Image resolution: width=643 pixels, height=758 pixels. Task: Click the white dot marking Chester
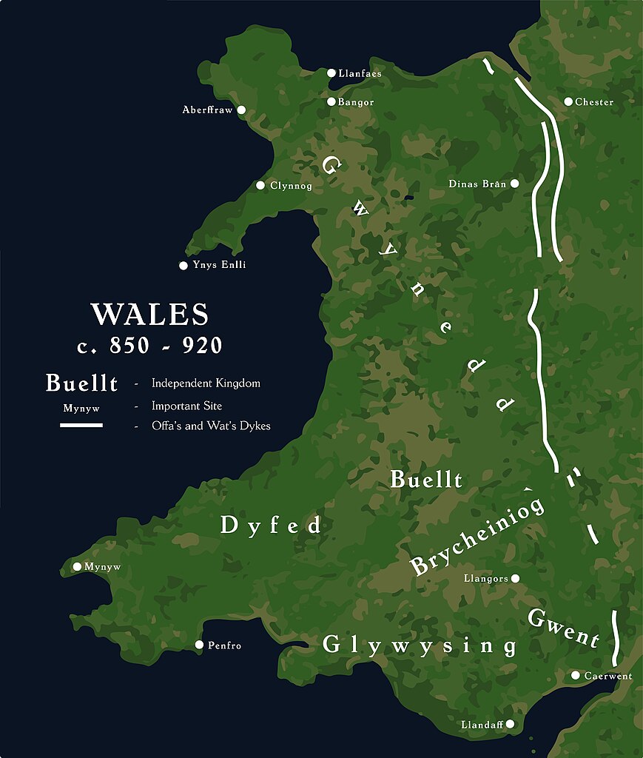(x=568, y=101)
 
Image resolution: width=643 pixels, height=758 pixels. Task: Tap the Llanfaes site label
(x=360, y=73)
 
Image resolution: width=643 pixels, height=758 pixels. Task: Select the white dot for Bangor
(x=331, y=101)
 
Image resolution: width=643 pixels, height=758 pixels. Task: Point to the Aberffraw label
(x=207, y=110)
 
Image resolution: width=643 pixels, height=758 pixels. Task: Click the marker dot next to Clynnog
(x=260, y=185)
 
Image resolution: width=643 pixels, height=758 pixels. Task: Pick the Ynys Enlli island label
(x=219, y=265)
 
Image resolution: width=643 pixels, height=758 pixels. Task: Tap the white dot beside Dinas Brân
(x=514, y=183)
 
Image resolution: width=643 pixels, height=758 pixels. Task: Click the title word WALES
(x=149, y=315)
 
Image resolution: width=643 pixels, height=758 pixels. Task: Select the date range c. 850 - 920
(x=149, y=346)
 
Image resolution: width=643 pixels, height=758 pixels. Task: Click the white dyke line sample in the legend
(x=81, y=426)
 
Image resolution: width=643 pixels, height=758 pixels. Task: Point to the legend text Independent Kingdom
(x=206, y=383)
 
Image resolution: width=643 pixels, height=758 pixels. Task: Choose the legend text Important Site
(x=186, y=406)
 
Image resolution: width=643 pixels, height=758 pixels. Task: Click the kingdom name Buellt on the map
(x=426, y=480)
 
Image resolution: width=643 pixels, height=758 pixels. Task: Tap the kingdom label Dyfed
(x=272, y=526)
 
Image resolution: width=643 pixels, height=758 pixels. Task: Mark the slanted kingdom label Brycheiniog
(x=477, y=536)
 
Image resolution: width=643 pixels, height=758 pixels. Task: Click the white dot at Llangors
(x=515, y=578)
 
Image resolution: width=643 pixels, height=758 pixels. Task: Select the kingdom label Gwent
(x=562, y=628)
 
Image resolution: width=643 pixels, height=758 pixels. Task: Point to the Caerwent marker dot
(x=575, y=675)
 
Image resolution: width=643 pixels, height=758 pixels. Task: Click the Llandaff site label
(x=482, y=724)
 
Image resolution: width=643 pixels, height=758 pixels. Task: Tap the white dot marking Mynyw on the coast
(x=77, y=566)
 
